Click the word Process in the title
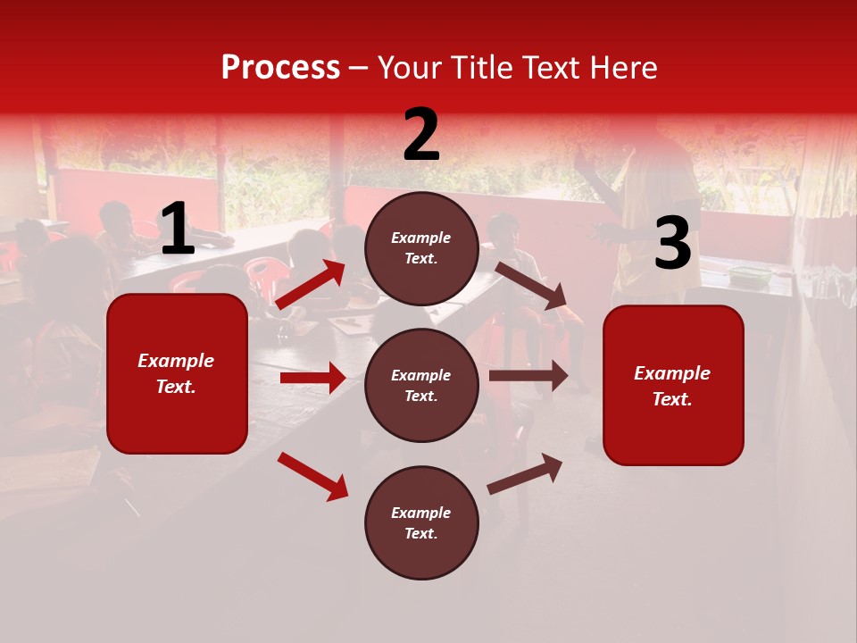point(280,67)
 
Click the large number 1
point(178,230)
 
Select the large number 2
point(421,136)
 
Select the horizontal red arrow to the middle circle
point(312,378)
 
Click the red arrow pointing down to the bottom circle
point(313,476)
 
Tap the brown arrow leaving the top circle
point(531,285)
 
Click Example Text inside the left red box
point(177,373)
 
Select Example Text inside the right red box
point(673,386)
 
